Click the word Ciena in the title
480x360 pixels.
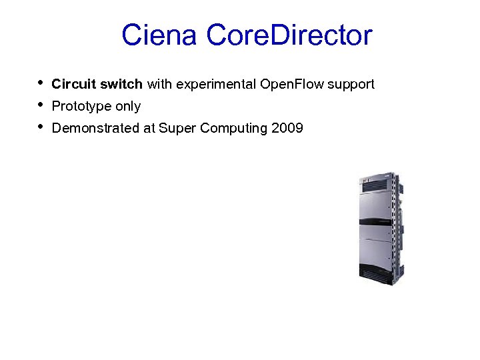pyautogui.click(x=159, y=35)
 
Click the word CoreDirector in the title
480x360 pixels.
pyautogui.click(x=289, y=35)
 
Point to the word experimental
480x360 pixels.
pyautogui.click(x=215, y=85)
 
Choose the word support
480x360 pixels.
pyautogui.click(x=351, y=85)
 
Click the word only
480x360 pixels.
pyautogui.click(x=128, y=107)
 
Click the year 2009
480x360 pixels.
pyautogui.click(x=287, y=128)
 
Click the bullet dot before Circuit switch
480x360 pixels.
pyautogui.click(x=41, y=83)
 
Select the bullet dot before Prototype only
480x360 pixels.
pyautogui.click(x=41, y=105)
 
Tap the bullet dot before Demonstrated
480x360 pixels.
pyautogui.click(x=41, y=127)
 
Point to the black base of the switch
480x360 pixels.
pyautogui.click(x=380, y=282)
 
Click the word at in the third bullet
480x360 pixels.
pyautogui.click(x=149, y=128)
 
